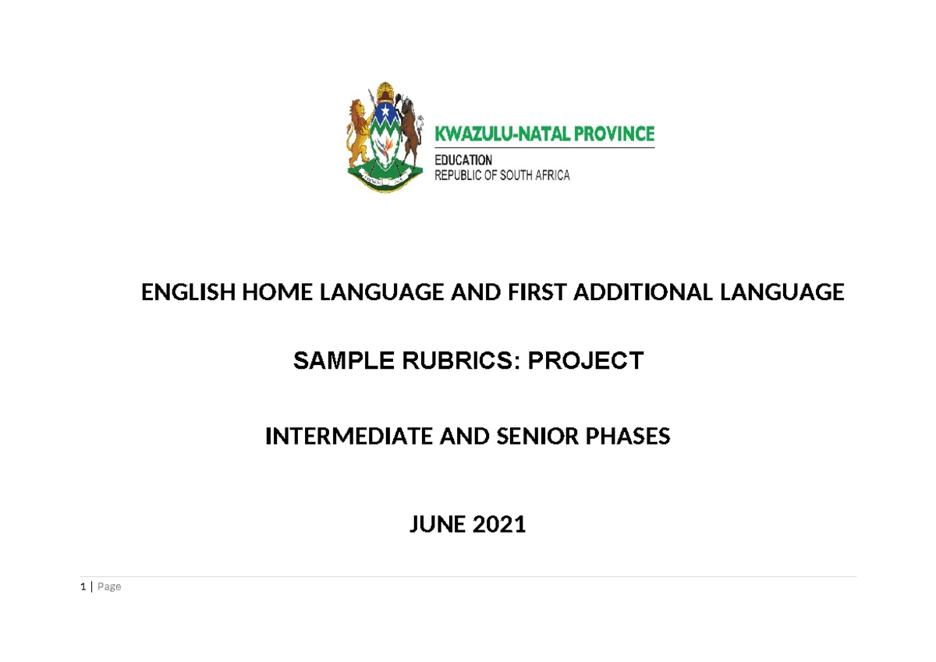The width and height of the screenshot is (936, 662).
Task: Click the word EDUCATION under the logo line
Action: pos(463,160)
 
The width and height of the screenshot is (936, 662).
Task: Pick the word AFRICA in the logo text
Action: pos(552,175)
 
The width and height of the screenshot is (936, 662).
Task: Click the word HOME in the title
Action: pos(275,292)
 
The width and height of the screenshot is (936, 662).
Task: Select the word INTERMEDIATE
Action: pos(349,437)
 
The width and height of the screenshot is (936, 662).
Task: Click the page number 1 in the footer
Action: pos(83,586)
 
